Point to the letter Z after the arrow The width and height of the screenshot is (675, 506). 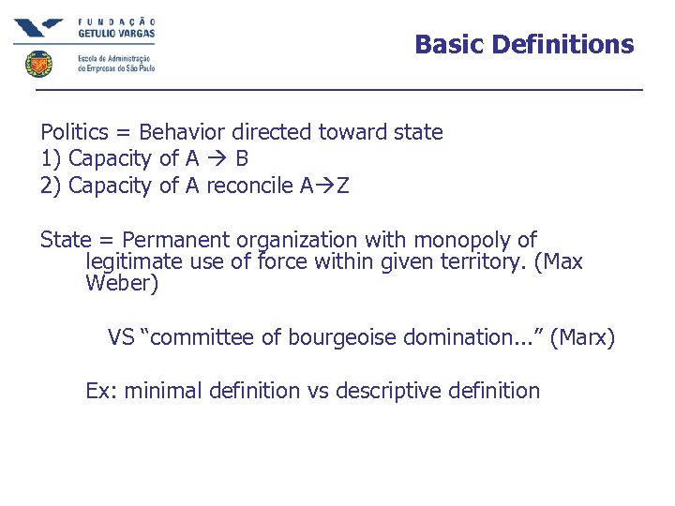click(x=342, y=186)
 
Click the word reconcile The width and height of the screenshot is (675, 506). click(x=248, y=186)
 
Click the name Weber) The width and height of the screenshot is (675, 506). click(x=122, y=284)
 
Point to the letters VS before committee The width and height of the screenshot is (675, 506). click(x=120, y=337)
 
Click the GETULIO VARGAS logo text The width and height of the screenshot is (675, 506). click(x=116, y=33)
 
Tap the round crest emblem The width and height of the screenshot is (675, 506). click(x=38, y=65)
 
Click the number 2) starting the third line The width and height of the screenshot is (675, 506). click(x=52, y=186)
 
